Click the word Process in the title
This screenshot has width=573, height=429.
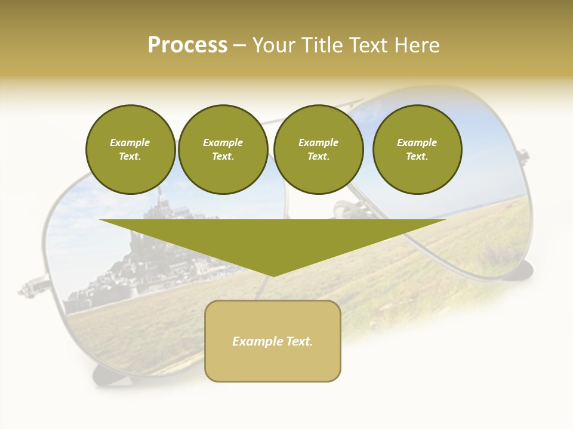187,45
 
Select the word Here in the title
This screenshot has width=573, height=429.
417,45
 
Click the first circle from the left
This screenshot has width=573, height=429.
130,150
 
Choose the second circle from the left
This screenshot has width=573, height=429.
223,150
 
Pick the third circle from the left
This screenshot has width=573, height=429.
318,150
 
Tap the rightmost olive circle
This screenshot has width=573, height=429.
417,150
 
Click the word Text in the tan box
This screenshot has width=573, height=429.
299,341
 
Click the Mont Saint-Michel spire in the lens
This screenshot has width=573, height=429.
160,194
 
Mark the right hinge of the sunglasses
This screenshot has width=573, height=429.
522,156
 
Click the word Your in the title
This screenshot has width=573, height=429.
275,45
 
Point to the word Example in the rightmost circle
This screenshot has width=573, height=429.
417,142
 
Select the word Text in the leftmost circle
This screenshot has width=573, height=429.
130,157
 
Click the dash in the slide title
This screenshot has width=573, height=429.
239,45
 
